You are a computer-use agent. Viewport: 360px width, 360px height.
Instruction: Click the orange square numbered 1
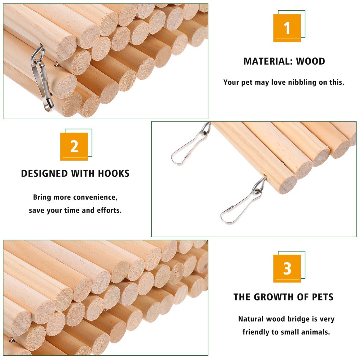(287, 28)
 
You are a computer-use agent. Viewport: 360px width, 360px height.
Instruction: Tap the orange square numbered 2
(74, 147)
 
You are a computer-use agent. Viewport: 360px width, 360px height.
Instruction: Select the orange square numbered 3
(287, 268)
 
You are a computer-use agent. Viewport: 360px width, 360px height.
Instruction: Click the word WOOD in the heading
(310, 61)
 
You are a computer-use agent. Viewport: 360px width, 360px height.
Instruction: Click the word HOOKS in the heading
(114, 174)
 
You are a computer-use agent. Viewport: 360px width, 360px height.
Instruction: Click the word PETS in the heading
(322, 297)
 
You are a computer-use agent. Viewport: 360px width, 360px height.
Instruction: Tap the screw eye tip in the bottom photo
(11, 339)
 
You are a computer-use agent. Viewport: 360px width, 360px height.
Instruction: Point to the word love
(279, 82)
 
